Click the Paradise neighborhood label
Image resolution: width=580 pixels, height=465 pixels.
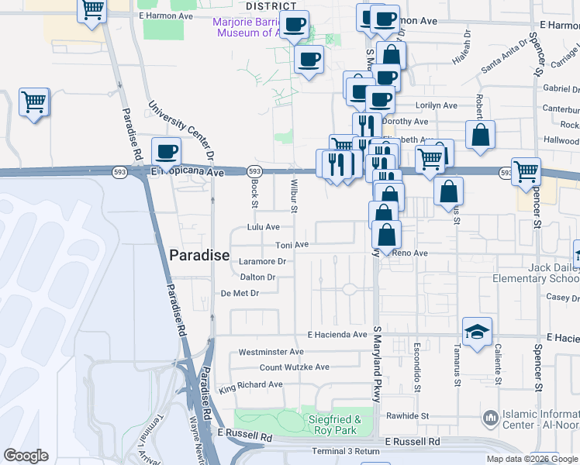coord(199,255)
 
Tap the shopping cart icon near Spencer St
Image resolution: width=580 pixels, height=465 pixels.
coord(526,170)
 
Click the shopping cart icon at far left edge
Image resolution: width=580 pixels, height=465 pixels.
coord(33,102)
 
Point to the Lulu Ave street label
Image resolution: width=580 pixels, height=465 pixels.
coord(263,227)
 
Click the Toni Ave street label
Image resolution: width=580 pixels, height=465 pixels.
coord(292,245)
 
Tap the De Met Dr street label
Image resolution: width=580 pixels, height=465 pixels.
coord(239,293)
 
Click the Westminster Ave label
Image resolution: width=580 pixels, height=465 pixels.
coord(271,352)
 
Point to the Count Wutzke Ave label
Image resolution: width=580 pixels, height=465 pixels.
coord(294,367)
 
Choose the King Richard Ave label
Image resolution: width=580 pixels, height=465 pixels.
coord(250,385)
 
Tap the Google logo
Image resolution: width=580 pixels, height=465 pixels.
coord(26,456)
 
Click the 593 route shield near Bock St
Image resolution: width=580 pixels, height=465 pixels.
coord(254,170)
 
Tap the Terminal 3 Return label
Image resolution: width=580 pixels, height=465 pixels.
coord(346,451)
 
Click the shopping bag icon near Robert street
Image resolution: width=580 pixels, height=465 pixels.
coord(481,134)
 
